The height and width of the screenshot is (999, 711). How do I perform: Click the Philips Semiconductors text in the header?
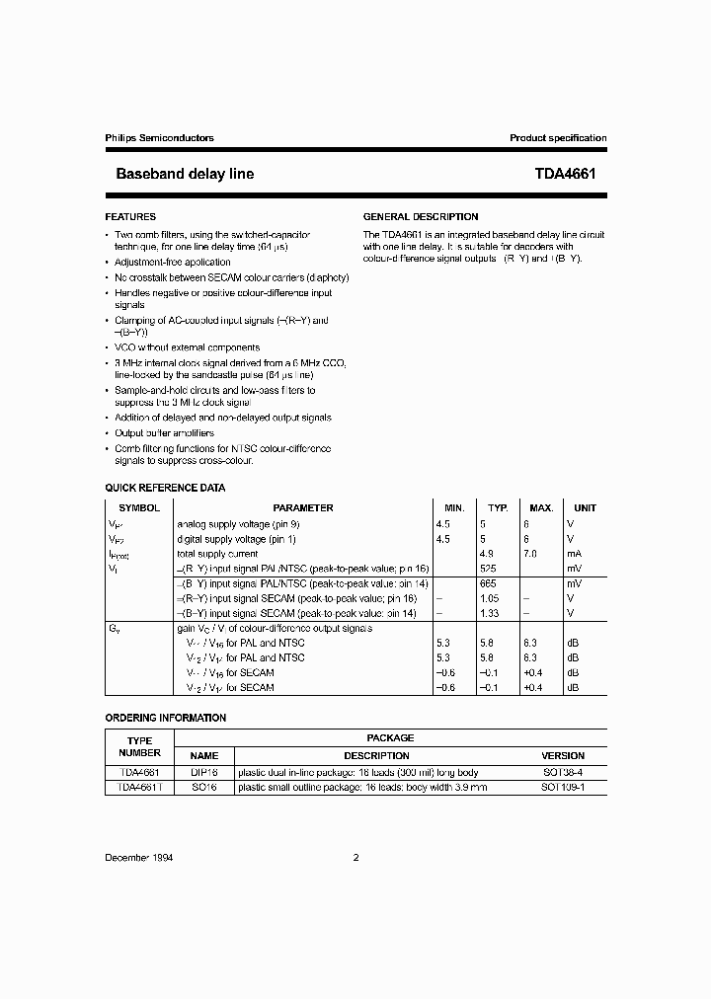point(159,138)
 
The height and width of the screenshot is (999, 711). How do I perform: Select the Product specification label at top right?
point(558,138)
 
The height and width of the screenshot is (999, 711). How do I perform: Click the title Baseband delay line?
point(185,174)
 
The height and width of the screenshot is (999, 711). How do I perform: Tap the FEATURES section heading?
point(130,216)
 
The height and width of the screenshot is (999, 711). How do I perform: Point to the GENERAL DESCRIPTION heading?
point(421,216)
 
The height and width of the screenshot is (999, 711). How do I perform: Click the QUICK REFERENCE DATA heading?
point(165,488)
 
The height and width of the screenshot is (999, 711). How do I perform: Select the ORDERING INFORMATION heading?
point(165,718)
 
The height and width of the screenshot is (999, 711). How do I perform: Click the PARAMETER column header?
point(303,507)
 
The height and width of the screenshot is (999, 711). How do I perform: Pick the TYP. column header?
point(499,507)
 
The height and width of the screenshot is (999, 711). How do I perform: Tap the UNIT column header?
point(586,507)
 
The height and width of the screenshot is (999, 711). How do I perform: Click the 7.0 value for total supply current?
point(530,554)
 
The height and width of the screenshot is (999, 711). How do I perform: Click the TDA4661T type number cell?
point(139,787)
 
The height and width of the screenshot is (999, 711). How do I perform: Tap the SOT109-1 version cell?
point(563,787)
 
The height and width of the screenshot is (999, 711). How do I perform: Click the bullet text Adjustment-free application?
point(173,263)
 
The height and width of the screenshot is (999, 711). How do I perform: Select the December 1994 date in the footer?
point(139,858)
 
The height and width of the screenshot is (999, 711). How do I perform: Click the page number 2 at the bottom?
point(355,858)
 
